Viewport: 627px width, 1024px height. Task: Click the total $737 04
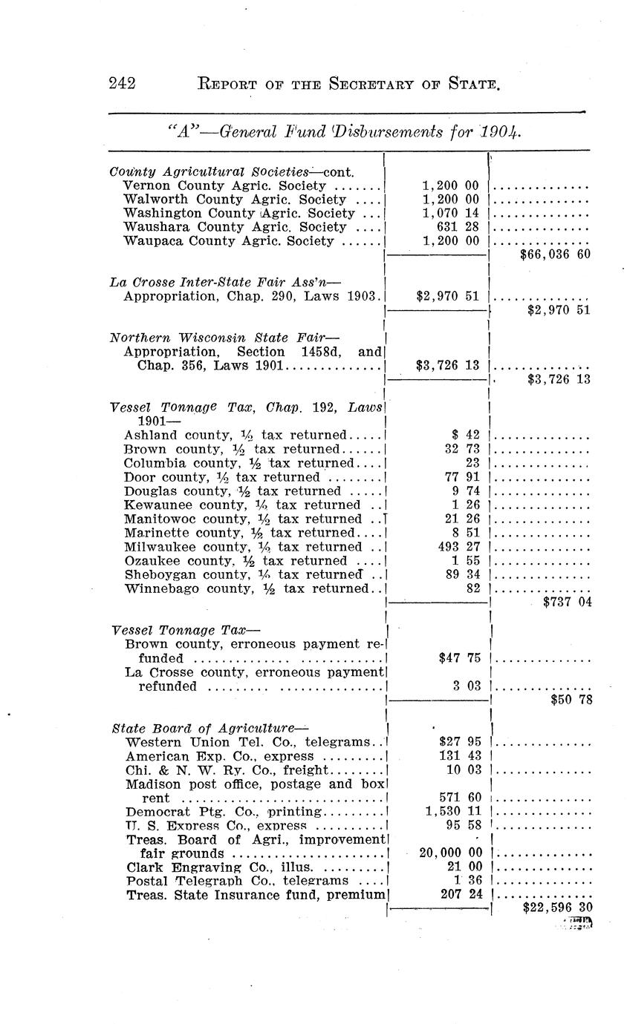pos(567,603)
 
